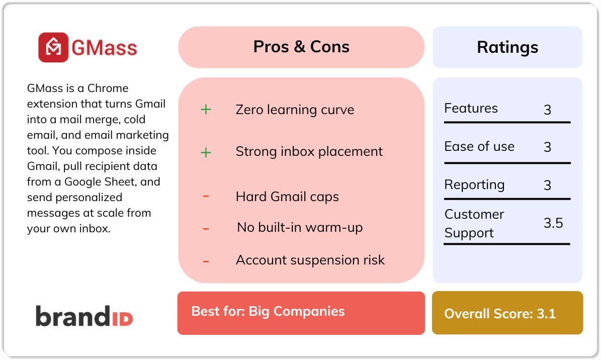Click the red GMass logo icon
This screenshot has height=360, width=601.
click(x=53, y=47)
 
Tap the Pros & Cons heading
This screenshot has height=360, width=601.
click(x=301, y=47)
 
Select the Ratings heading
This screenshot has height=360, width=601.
click(x=507, y=47)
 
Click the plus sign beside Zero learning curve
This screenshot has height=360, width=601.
click(x=206, y=110)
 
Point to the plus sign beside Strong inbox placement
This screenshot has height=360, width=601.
click(x=206, y=152)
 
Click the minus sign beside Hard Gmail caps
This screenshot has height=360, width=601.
click(x=206, y=196)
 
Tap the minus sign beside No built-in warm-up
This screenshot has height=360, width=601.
click(x=206, y=229)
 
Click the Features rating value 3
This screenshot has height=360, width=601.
click(x=547, y=110)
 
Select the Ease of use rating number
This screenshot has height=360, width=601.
click(x=547, y=147)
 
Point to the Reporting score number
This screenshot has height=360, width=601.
click(x=547, y=185)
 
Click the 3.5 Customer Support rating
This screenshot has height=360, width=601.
click(x=553, y=223)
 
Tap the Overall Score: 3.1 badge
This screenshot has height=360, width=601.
click(x=507, y=313)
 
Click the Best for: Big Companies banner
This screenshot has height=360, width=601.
click(x=301, y=313)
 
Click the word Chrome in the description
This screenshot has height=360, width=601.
click(x=108, y=88)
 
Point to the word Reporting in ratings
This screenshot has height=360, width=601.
click(x=474, y=185)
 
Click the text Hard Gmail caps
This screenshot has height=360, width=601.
click(x=287, y=197)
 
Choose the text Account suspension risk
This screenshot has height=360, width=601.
click(x=310, y=260)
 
